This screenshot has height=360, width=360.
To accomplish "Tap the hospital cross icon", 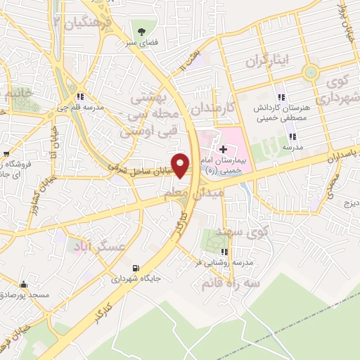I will (223, 148).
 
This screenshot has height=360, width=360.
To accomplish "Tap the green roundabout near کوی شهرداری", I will (309, 72).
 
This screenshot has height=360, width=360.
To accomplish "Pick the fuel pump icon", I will (135, 268).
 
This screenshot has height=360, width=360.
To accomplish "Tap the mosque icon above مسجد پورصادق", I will (25, 285).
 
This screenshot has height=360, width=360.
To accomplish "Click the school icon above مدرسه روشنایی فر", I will (224, 252).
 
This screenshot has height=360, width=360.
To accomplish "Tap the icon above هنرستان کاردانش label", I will (281, 97).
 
